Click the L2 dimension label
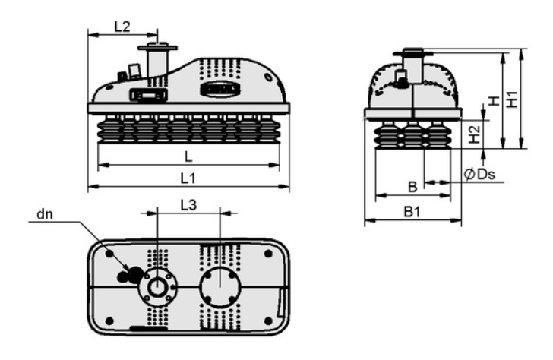tap(122, 27)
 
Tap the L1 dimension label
tap(188, 178)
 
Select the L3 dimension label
tap(188, 205)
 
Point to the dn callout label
tap(45, 213)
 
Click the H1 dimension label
tap(512, 99)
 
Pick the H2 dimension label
tap(475, 134)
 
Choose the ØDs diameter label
tap(479, 174)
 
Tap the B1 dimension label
tap(412, 212)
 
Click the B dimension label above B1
tap(412, 187)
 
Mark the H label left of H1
tap(495, 101)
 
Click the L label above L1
tap(188, 156)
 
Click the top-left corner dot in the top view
tap(109, 254)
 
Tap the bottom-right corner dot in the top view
tap(268, 321)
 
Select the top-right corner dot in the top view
tap(268, 254)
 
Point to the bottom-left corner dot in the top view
tap(109, 321)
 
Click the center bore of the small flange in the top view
tap(157, 287)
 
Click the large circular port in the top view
tap(220, 287)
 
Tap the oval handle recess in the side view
tap(220, 90)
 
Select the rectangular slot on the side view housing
tap(148, 95)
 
